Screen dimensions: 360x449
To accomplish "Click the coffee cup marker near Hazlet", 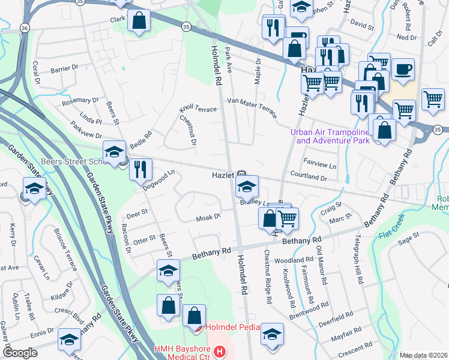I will coord(404,67).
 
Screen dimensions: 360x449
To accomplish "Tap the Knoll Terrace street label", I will coord(197,110).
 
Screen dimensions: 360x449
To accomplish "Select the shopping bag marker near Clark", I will coord(139,20).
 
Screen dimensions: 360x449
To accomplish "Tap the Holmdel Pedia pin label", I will coord(232,328).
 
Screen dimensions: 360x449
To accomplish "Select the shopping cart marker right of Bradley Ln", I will coord(288,218).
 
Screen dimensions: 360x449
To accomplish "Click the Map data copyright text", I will coord(424,355).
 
